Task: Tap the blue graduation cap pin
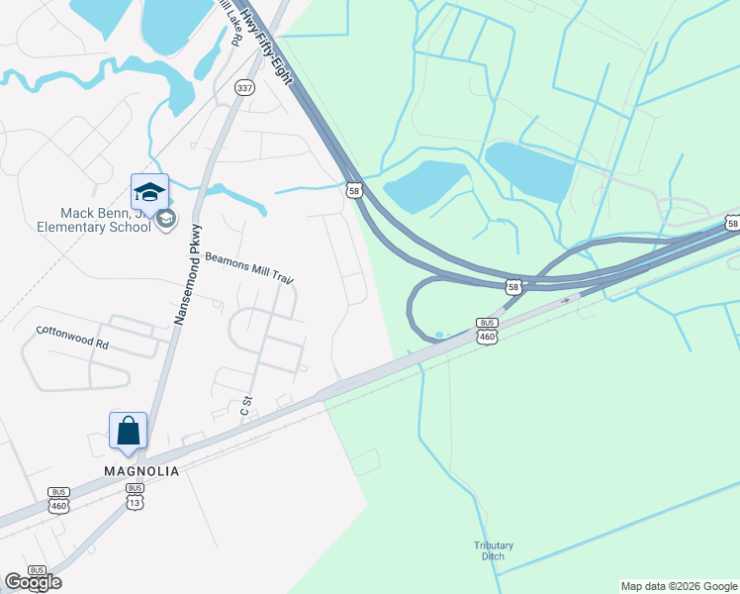(x=149, y=191)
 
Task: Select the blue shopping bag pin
(x=128, y=431)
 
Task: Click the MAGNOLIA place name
(x=141, y=471)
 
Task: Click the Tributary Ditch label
(x=488, y=550)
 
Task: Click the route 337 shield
(x=244, y=88)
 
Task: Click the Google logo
(x=33, y=582)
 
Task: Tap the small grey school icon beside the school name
(x=165, y=219)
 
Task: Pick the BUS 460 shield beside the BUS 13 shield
(x=58, y=499)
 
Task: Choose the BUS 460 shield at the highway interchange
(x=487, y=331)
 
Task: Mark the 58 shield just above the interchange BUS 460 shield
(x=512, y=287)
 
